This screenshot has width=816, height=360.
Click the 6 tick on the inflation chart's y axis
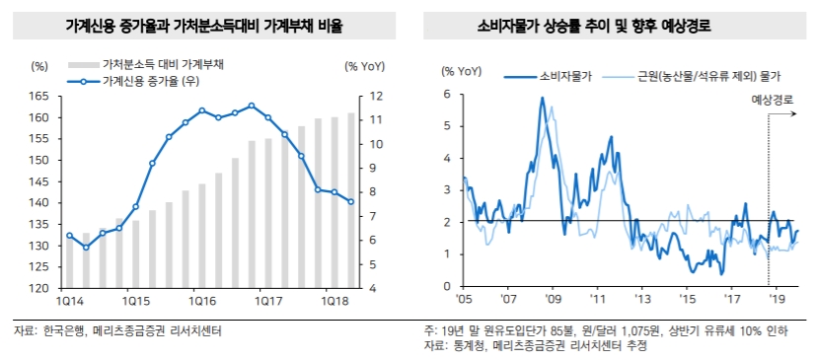pyautogui.click(x=447, y=95)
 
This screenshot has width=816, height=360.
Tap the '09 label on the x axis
pyautogui.click(x=554, y=297)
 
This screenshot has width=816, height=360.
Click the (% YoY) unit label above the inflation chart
pyautogui.click(x=461, y=72)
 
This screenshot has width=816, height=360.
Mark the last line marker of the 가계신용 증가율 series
pyautogui.click(x=351, y=202)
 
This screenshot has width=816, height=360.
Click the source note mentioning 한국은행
pyautogui.click(x=117, y=331)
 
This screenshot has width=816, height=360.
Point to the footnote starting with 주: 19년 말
pyautogui.click(x=605, y=331)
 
